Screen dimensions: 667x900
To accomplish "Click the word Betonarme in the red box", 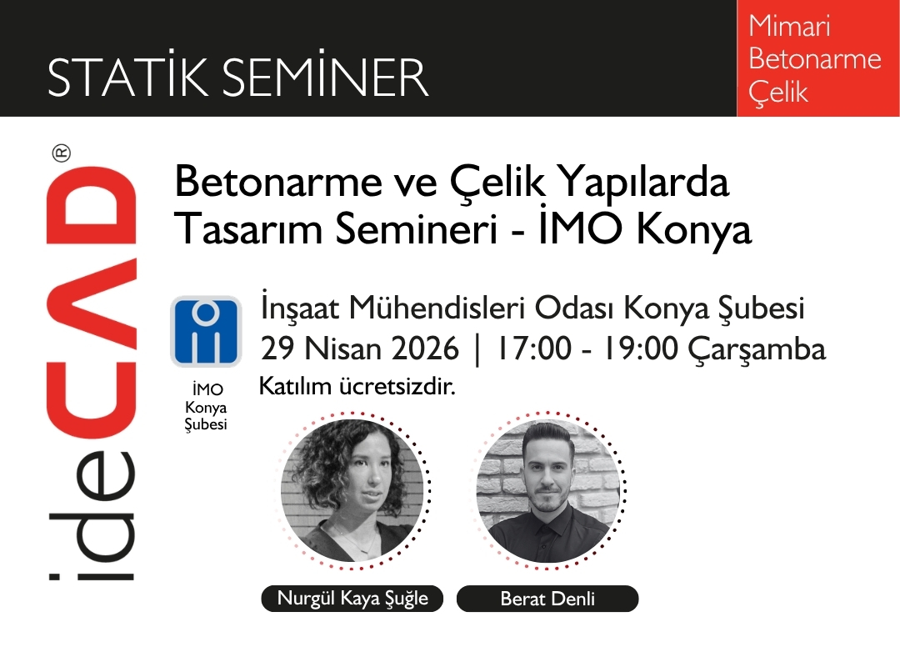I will [x=814, y=59].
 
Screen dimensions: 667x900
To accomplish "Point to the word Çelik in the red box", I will [x=778, y=93].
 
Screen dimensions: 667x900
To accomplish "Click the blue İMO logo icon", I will [x=206, y=332].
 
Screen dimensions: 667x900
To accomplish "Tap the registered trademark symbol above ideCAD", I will [x=62, y=153].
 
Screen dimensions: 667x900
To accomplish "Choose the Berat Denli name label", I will [x=547, y=599].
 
